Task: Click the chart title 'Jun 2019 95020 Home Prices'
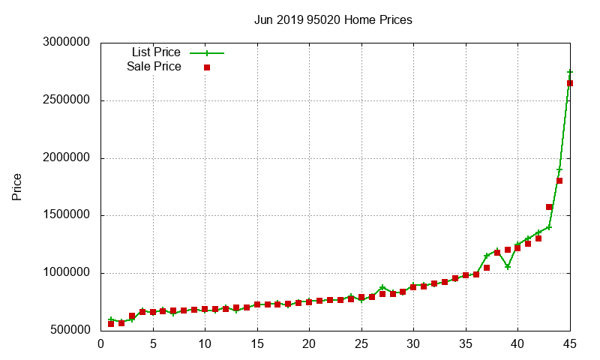coord(333,20)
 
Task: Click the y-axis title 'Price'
coord(17,187)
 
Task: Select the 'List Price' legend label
coord(156,52)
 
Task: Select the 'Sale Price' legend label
coord(154,67)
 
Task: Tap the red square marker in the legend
coord(207,67)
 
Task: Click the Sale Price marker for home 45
coord(570,83)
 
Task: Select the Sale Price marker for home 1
coord(111,323)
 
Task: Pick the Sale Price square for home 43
coord(549,207)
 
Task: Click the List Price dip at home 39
coord(508,266)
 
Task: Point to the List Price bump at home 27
coord(382,287)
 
